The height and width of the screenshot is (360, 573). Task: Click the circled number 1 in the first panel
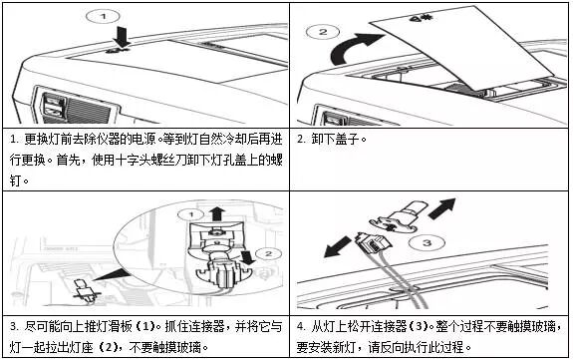tap(103, 17)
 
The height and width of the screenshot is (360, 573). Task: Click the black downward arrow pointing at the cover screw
tap(122, 37)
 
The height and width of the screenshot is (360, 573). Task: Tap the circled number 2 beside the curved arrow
tap(323, 32)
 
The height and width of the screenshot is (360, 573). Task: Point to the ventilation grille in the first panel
tap(88, 109)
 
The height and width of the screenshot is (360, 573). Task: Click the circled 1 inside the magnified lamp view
tap(190, 214)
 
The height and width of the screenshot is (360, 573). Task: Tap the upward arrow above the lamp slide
tap(217, 213)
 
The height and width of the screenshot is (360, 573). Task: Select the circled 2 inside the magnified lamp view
tap(269, 254)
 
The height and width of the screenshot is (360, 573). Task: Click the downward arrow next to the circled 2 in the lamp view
tap(248, 257)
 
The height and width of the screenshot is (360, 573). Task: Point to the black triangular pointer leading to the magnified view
tap(111, 274)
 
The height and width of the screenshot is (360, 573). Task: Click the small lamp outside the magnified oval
tap(84, 290)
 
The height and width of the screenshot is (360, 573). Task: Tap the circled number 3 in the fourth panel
tap(427, 242)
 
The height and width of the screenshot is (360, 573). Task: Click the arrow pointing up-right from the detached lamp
tap(441, 208)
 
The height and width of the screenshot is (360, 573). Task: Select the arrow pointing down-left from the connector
tap(338, 247)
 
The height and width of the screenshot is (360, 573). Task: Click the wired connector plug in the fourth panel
tap(373, 243)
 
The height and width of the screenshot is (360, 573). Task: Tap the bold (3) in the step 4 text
tap(419, 326)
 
